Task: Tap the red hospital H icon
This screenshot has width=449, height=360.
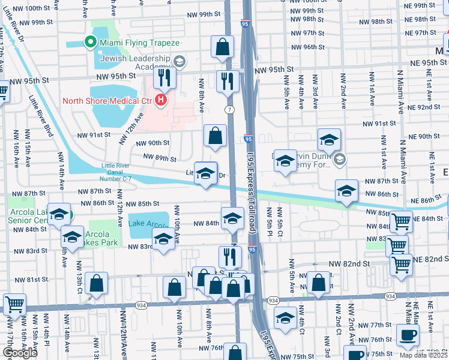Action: (x=160, y=100)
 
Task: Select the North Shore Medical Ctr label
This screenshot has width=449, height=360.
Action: (x=107, y=100)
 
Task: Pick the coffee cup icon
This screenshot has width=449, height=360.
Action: (x=408, y=335)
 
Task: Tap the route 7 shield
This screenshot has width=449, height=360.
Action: (x=230, y=109)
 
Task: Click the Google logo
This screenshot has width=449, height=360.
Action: (x=20, y=353)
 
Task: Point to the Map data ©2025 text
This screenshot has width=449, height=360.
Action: (x=424, y=355)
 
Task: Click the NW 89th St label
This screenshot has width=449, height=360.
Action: (x=160, y=160)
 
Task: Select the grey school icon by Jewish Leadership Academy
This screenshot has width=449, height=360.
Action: (x=179, y=62)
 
